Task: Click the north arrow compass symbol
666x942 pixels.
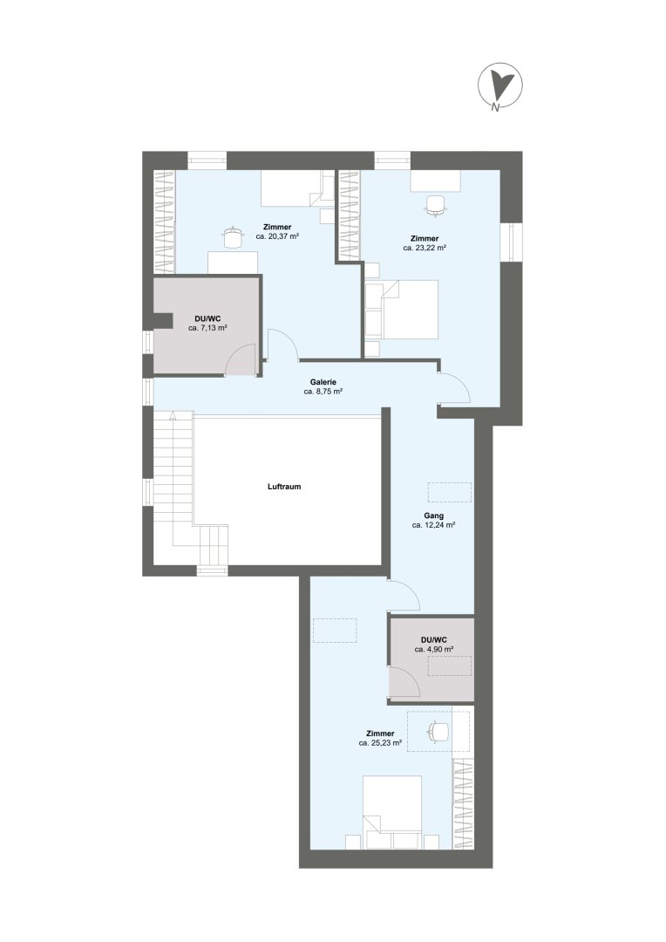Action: click(499, 87)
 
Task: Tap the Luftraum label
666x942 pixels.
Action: click(284, 487)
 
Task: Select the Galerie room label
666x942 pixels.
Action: click(323, 381)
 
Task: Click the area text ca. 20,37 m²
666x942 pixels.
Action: click(277, 236)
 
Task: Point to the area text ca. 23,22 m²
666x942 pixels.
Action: click(425, 248)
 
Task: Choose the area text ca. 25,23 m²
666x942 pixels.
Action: click(380, 743)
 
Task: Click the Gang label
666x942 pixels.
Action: click(433, 515)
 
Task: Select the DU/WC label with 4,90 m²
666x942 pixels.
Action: click(434, 640)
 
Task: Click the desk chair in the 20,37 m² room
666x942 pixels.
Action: click(231, 237)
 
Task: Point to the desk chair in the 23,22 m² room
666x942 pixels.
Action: click(436, 205)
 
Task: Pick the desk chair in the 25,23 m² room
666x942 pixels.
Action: click(438, 732)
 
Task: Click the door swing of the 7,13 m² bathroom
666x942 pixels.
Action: click(242, 359)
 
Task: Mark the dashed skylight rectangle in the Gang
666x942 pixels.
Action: click(449, 492)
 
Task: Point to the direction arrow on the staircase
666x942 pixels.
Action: click(173, 414)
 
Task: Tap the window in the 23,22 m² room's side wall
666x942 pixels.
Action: click(511, 242)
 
